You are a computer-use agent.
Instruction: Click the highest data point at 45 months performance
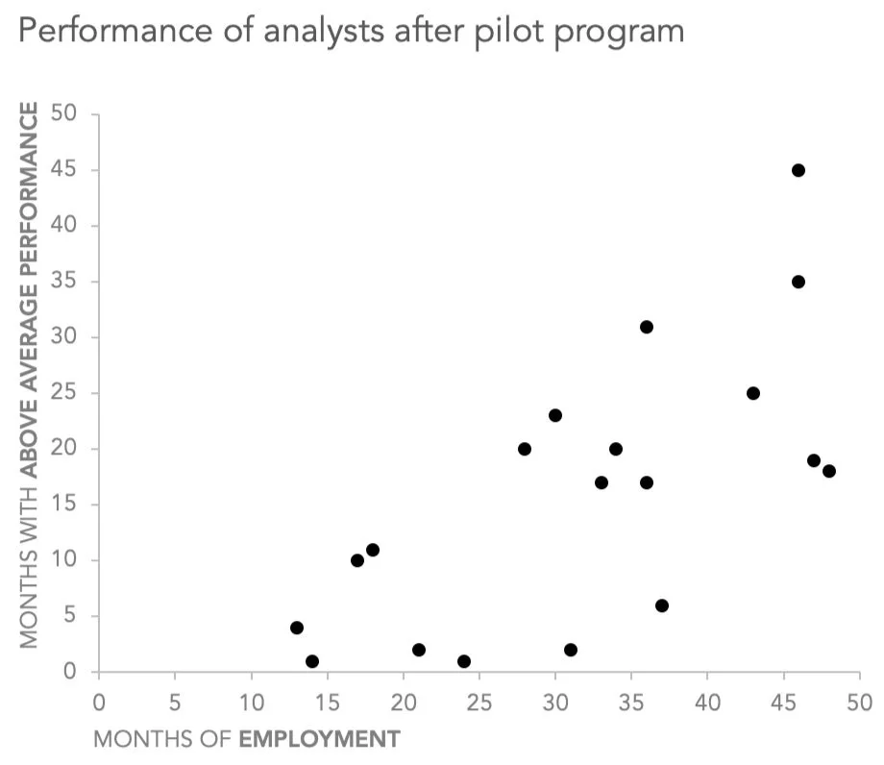798,170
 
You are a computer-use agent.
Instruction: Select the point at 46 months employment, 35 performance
798,282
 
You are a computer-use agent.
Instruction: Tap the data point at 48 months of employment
828,471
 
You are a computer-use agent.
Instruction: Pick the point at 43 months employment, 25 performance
752,393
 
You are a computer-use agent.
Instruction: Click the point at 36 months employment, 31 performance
647,327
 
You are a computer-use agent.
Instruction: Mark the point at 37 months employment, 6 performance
661,605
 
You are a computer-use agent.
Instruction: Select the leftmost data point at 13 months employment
297,628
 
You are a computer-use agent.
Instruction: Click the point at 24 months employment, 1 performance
464,661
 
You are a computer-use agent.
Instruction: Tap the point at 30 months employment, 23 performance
554,415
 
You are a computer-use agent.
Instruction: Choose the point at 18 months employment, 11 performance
373,550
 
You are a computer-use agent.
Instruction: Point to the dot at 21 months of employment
419,650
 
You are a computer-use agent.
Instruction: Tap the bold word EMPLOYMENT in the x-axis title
319,739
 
